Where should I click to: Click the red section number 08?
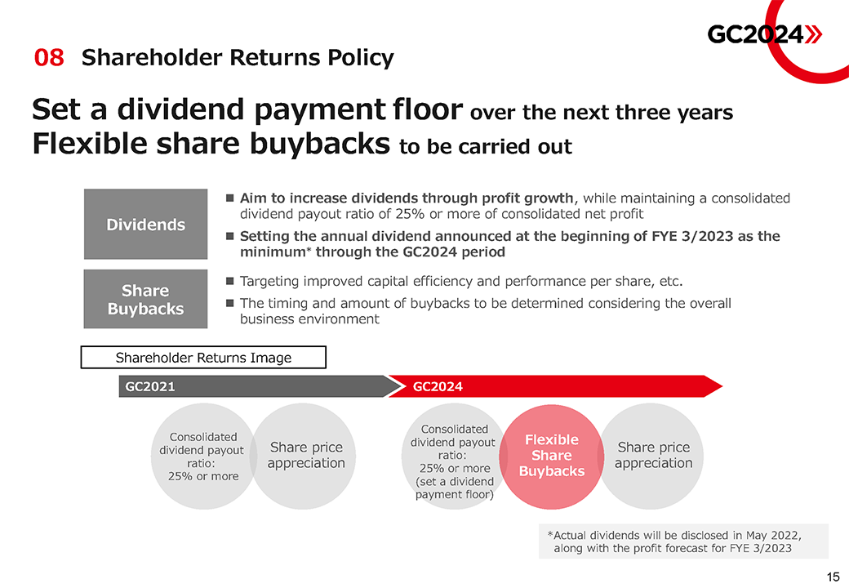point(49,57)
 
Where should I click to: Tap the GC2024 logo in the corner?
point(765,34)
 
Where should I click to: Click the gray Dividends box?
point(145,224)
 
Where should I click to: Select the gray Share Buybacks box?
point(145,299)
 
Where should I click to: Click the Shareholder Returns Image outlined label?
point(203,358)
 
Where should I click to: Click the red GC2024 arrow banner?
point(555,386)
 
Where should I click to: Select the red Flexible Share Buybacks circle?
point(552,457)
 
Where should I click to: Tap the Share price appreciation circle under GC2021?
point(304,457)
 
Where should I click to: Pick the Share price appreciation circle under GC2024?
point(652,457)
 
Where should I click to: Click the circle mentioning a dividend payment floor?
point(454,457)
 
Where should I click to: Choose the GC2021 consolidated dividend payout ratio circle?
point(203,457)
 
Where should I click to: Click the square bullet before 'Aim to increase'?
point(230,198)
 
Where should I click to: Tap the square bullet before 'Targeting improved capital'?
point(230,281)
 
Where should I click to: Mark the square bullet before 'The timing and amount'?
point(230,303)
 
